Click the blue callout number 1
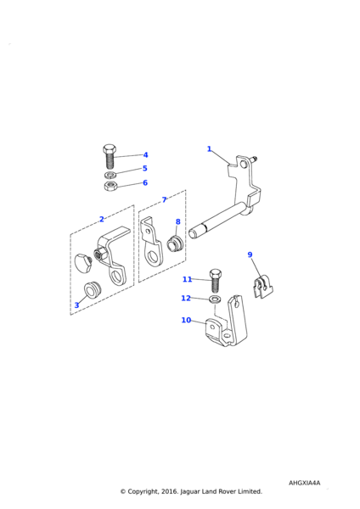pos(209,149)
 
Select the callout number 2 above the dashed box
pos(102,220)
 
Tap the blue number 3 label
pos(76,305)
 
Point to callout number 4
pos(145,155)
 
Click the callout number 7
pos(165,199)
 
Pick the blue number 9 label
pos(250,255)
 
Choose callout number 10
pos(186,320)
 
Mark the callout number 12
pos(186,298)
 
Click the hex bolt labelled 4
pos(109,156)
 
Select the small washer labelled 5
pos(109,175)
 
